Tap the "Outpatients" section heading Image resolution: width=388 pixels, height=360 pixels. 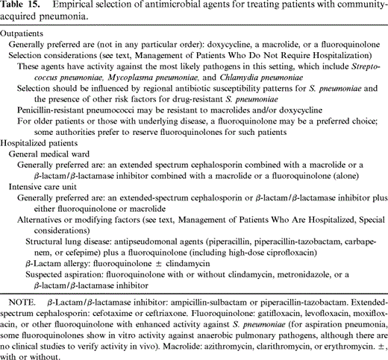[26, 34]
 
